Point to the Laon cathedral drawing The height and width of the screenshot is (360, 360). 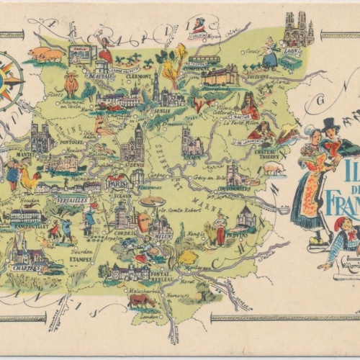pyautogui.click(x=299, y=29)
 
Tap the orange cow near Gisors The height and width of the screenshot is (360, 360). pyautogui.click(x=70, y=84)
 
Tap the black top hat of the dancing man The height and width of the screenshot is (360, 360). pyautogui.click(x=330, y=125)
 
